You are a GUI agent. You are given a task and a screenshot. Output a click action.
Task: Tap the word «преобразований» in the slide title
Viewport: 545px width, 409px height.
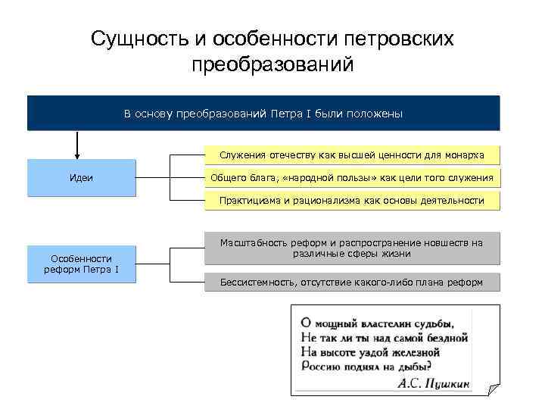tap(272, 64)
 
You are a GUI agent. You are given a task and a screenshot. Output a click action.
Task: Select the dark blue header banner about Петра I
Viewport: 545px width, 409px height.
tap(263, 114)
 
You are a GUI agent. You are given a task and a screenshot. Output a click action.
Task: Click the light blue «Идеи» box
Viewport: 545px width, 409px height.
tap(81, 178)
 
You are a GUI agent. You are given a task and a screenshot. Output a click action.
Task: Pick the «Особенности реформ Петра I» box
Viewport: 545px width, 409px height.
tap(81, 264)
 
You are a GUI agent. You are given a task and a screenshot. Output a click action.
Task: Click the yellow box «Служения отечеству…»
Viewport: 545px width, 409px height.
tap(353, 155)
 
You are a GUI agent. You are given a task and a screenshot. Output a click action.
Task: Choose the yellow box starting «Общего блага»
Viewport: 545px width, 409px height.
tap(353, 178)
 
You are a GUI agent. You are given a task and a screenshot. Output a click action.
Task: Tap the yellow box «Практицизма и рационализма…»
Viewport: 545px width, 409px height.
tap(353, 200)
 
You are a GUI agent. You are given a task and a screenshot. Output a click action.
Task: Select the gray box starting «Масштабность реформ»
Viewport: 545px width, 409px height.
tap(353, 248)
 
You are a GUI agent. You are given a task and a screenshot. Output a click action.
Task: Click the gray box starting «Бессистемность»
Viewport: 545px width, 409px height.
tap(353, 283)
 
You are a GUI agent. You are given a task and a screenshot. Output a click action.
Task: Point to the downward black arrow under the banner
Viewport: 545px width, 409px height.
tap(77, 144)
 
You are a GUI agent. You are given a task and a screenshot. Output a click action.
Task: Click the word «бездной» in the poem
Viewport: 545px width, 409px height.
tap(446, 336)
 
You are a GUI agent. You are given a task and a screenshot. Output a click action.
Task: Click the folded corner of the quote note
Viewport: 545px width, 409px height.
tap(493, 389)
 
